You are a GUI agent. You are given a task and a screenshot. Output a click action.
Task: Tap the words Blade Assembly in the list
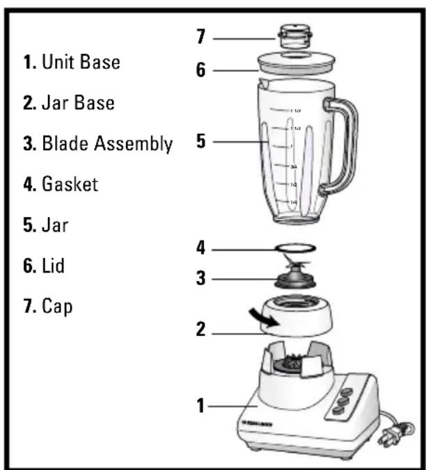point(107,144)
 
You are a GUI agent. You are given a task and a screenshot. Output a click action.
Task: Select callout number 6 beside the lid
point(201,70)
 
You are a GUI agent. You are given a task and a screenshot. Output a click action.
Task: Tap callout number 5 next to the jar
point(201,142)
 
